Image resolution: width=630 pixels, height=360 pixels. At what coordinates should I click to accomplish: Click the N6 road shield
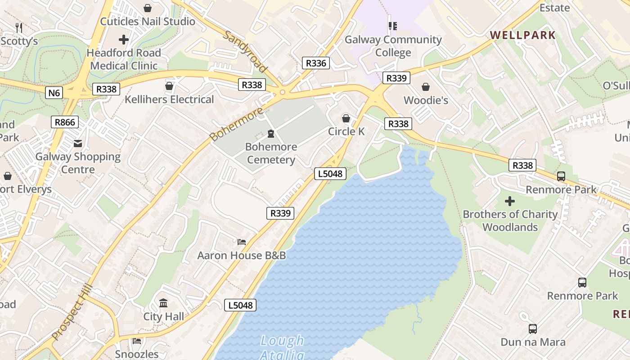click(54, 93)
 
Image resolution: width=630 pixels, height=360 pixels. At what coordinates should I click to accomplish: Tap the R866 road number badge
click(65, 122)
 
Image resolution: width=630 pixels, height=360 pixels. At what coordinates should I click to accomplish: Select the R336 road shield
click(315, 63)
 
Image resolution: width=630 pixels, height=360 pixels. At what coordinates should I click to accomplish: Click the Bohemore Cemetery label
click(271, 153)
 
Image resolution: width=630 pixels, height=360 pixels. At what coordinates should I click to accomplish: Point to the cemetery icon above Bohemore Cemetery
click(271, 134)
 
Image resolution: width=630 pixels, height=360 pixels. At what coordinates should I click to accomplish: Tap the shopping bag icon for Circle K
click(346, 118)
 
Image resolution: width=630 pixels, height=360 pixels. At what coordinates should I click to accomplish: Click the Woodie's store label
click(426, 100)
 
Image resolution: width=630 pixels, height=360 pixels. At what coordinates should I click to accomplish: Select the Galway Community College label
click(393, 46)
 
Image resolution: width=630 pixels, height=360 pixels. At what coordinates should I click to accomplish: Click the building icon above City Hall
click(163, 303)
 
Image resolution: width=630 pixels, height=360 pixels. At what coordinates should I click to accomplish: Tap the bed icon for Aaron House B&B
click(242, 242)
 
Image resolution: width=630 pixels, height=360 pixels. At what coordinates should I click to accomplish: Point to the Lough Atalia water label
click(282, 347)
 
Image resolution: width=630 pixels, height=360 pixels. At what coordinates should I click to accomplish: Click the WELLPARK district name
click(522, 35)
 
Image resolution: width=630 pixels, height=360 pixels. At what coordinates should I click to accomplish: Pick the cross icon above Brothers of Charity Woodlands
click(510, 201)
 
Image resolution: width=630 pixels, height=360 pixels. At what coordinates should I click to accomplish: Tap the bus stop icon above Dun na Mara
click(533, 329)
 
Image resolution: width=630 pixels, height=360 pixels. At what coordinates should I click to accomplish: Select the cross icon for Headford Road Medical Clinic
click(124, 40)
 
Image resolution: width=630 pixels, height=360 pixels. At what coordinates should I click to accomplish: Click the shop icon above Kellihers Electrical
click(169, 85)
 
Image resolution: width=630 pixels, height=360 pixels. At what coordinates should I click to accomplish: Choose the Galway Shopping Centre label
click(78, 163)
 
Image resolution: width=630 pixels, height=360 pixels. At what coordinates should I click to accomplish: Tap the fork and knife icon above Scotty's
click(19, 28)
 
